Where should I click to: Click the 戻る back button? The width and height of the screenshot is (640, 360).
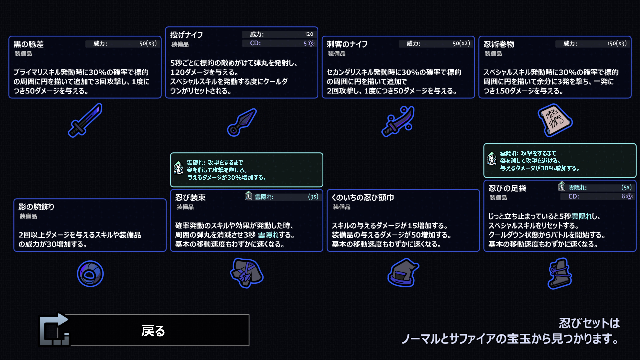(x=153, y=330)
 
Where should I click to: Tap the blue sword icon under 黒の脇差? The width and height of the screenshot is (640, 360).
(x=85, y=120)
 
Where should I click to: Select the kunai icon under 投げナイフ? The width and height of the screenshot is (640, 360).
(x=242, y=122)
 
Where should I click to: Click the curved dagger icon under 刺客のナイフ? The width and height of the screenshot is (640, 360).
(x=398, y=121)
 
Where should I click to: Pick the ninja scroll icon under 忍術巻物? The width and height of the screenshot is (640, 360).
(x=555, y=120)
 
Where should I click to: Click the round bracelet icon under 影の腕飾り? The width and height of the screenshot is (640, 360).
(x=90, y=274)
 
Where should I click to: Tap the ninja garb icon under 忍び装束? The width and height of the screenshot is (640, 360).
(x=247, y=273)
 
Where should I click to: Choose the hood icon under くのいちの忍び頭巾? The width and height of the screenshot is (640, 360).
(x=403, y=273)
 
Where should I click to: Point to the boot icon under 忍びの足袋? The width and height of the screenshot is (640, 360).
(x=560, y=273)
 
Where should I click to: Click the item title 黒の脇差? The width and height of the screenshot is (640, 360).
(x=29, y=44)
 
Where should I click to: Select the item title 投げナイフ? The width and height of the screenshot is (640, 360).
(x=187, y=35)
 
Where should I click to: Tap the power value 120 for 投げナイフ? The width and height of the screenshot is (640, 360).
(x=309, y=34)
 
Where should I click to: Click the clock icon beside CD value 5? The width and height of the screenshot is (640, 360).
(x=311, y=43)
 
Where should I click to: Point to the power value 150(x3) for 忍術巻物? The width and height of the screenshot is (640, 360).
(x=617, y=43)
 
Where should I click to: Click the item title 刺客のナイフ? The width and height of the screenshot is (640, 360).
(x=347, y=44)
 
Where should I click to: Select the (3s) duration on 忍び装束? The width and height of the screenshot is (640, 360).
(x=313, y=197)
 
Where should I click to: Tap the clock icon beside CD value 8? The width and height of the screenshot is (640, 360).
(x=629, y=197)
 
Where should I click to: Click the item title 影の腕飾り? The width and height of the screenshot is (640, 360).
(x=36, y=207)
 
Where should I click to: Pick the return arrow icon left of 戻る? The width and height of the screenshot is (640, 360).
(x=54, y=330)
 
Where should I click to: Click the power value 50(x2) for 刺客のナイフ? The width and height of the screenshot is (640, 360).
(x=461, y=43)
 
